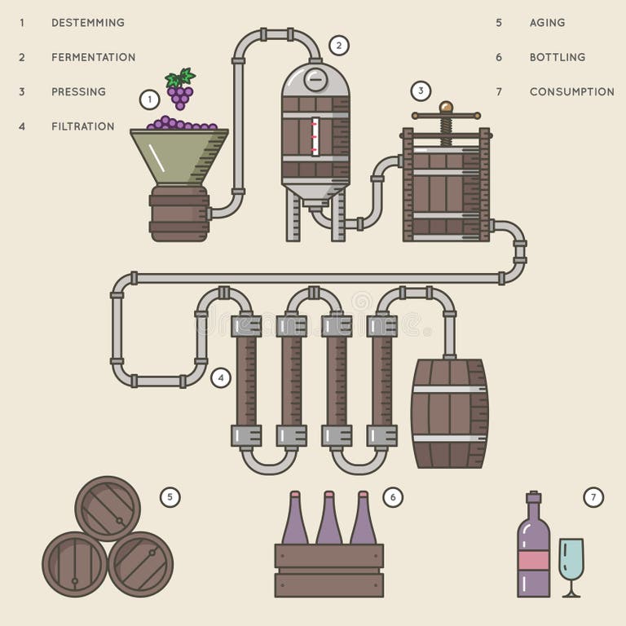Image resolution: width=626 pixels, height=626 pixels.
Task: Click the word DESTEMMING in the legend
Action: tap(88, 23)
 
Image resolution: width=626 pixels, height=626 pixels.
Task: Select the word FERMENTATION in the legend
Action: tap(93, 57)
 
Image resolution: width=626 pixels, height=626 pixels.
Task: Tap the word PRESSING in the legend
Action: tap(78, 92)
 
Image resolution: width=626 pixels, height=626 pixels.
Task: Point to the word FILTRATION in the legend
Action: tap(82, 126)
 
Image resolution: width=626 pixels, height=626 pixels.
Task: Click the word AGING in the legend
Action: tap(547, 23)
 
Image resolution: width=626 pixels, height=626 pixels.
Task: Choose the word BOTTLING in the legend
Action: tap(558, 57)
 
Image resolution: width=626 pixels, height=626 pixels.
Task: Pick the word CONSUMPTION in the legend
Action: tap(571, 92)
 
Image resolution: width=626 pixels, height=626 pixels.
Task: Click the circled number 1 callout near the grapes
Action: tap(149, 99)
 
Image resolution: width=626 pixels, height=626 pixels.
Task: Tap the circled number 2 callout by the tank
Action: tap(339, 46)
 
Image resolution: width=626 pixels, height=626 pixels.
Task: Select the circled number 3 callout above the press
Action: tap(420, 90)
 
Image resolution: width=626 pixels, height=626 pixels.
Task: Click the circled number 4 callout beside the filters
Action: tap(220, 377)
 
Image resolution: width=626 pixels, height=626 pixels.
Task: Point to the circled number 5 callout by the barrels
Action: tap(170, 496)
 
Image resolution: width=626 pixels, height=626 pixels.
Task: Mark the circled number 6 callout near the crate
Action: tap(393, 496)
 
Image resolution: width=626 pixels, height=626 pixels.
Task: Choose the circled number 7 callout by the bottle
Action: tap(593, 496)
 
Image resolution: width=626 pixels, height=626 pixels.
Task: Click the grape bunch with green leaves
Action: tap(180, 89)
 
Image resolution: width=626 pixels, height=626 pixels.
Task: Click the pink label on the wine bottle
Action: tap(533, 559)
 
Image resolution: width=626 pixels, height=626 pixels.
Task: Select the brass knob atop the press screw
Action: tap(446, 107)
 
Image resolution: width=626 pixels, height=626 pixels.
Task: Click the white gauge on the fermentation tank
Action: tap(315, 136)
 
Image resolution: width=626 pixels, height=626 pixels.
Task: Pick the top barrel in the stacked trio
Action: tap(108, 508)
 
